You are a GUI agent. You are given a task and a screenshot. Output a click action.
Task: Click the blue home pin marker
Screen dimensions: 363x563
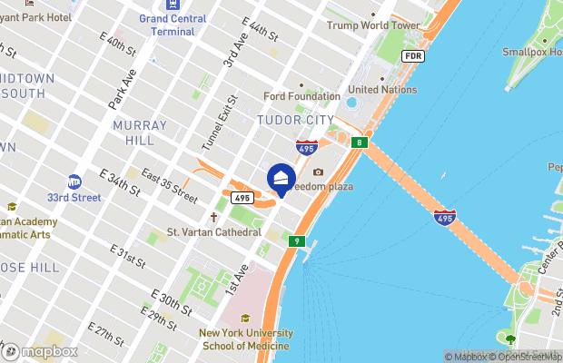(281, 179)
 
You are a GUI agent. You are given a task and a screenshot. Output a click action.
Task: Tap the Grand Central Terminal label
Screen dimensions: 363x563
(172, 24)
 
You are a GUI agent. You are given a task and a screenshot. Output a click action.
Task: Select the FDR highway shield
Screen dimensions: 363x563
(413, 56)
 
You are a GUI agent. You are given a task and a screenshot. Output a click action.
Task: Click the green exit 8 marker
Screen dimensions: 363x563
(361, 142)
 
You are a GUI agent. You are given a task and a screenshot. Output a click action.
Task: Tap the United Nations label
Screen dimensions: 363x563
(382, 90)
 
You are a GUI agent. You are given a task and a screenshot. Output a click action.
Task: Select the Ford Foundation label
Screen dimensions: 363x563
(302, 96)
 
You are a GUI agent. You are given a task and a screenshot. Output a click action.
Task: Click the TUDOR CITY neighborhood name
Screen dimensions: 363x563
(291, 120)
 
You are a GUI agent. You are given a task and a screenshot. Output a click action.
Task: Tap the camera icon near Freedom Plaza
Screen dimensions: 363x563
(318, 172)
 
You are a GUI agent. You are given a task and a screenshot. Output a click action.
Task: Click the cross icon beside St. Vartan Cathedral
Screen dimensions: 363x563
(214, 218)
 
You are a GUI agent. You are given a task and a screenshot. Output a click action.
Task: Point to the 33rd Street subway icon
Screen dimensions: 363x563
(74, 181)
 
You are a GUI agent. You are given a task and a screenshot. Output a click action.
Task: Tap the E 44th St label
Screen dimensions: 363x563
(260, 39)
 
